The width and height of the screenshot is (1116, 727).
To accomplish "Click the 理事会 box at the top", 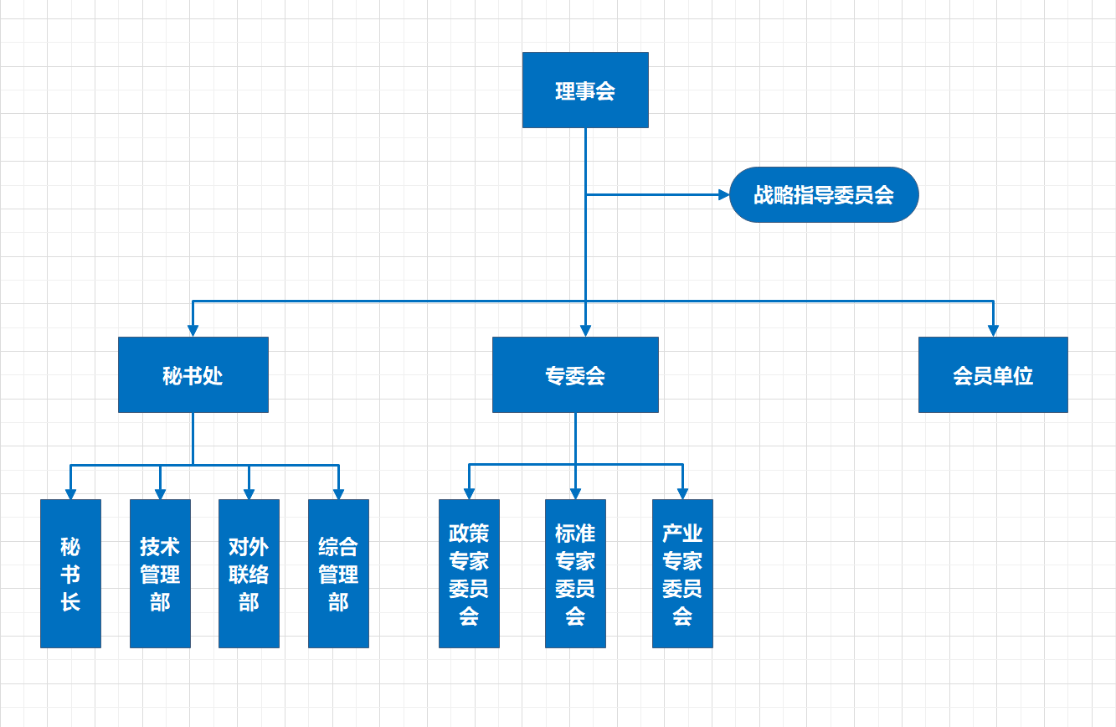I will tap(585, 90).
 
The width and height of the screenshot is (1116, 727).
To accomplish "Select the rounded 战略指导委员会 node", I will tap(824, 194).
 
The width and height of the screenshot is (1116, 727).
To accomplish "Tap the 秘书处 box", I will tap(193, 374).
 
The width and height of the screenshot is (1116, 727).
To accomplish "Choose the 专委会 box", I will tap(575, 374).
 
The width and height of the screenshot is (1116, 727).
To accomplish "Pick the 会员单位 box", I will tap(993, 374).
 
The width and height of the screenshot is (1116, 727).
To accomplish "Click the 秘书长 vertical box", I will tap(70, 574).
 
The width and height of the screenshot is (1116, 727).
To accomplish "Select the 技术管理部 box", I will tap(160, 574).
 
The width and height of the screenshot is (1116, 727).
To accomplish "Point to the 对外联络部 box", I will tap(249, 574).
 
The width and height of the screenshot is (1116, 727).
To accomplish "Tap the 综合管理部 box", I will tap(338, 574).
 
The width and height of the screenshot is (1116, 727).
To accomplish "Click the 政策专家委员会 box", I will tap(469, 574).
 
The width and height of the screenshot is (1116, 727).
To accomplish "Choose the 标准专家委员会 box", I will tap(575, 574).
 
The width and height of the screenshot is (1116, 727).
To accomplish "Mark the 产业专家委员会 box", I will tap(682, 574).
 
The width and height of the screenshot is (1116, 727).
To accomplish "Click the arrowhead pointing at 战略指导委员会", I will tap(724, 194).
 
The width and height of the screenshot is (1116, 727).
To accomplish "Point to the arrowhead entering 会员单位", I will tap(993, 331).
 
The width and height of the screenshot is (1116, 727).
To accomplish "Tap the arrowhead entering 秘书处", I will tap(193, 331).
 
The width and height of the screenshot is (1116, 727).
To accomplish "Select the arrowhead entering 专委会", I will tap(585, 331).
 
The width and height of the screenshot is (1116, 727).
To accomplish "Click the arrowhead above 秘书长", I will tap(70, 494).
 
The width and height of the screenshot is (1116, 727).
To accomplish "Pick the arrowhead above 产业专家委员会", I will tap(682, 494).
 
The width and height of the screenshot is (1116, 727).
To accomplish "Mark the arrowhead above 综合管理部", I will tap(338, 494).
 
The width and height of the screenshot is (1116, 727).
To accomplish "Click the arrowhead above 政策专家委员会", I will tap(469, 494).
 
